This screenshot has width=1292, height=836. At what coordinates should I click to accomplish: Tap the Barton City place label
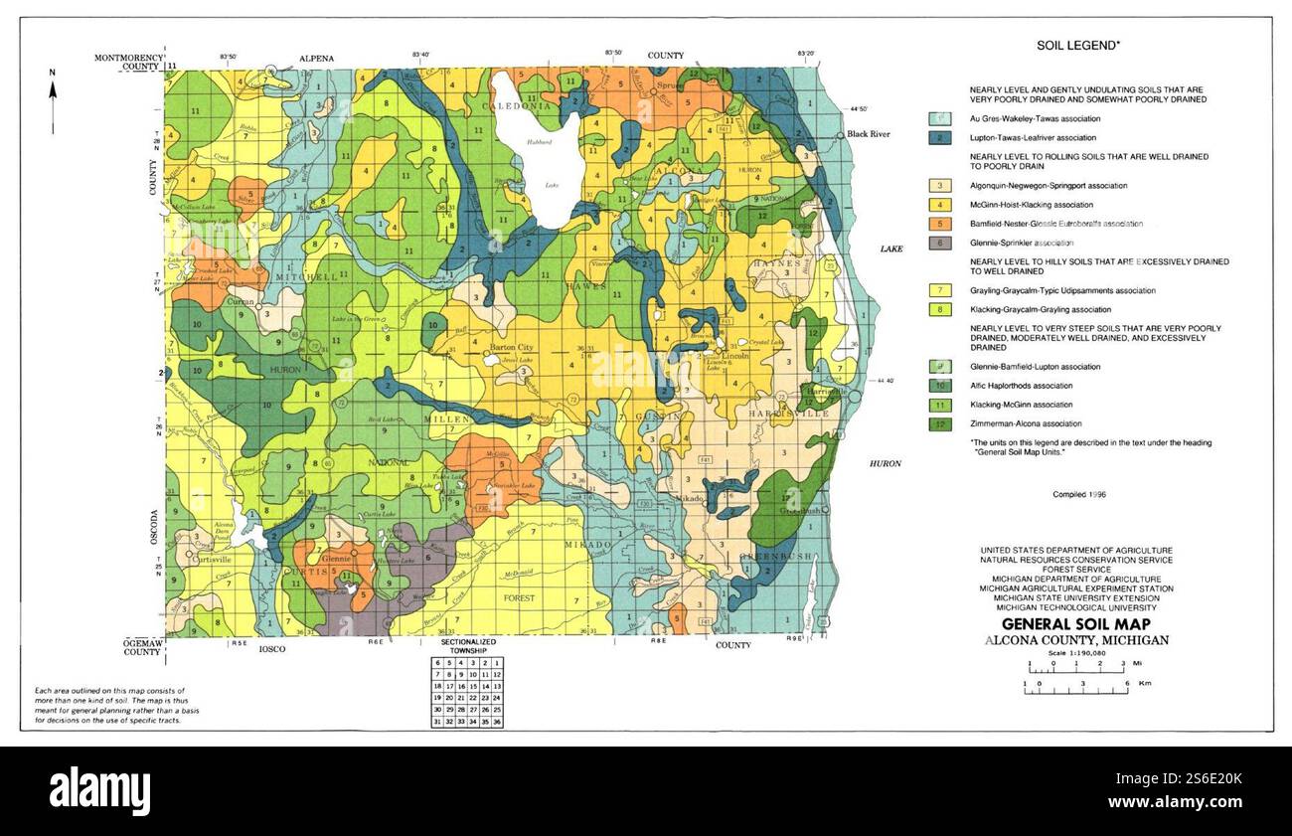coord(512,347)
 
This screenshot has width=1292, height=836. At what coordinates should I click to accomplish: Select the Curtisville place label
coord(210,559)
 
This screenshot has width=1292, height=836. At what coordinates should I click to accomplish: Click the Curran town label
coord(241,301)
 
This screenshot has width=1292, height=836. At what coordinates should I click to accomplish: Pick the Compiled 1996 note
coord(1079,494)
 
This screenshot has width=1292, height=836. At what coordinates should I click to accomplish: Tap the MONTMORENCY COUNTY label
coord(129,63)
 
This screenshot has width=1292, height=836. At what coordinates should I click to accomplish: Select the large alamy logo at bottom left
coord(99,790)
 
